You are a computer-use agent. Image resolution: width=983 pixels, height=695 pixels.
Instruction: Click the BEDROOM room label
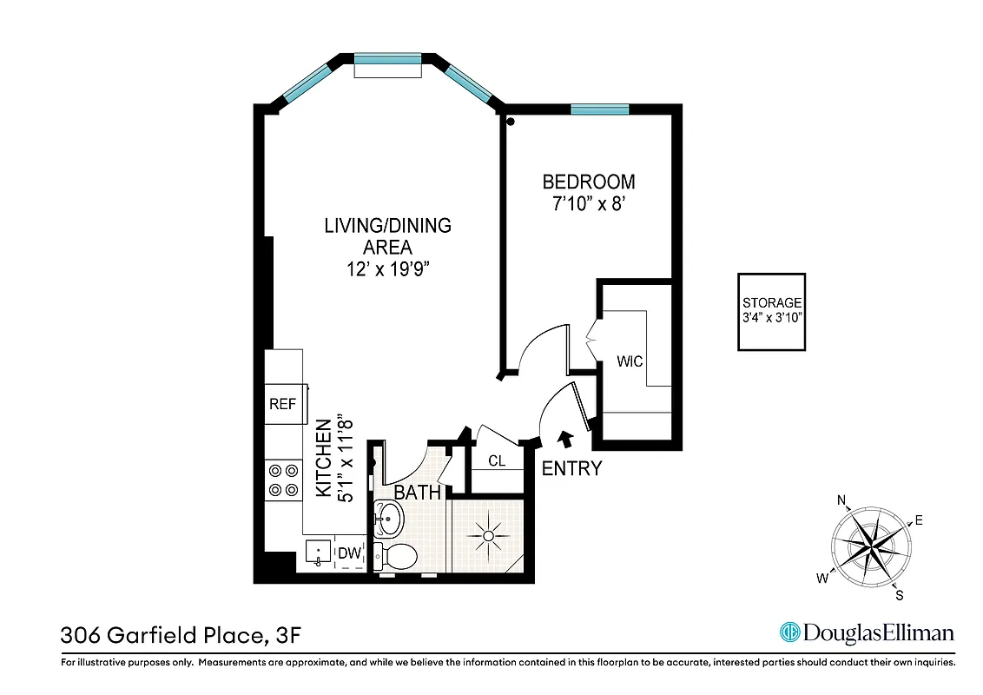coord(588,182)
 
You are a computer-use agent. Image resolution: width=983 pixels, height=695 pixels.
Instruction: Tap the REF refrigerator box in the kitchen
coord(282,404)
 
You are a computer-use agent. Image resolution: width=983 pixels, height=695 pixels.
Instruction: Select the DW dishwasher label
coord(349,553)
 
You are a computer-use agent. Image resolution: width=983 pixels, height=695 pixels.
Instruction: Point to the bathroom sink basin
coord(388,521)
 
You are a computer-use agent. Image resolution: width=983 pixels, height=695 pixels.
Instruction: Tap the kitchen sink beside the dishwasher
coord(316,553)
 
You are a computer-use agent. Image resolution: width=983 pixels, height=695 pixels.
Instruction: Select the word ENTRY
coord(571,469)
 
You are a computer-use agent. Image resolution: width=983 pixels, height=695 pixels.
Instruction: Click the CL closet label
coord(497,461)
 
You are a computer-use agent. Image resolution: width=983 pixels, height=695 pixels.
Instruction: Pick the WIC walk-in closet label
coord(630,361)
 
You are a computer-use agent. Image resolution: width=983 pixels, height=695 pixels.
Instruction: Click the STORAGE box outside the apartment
coord(771,312)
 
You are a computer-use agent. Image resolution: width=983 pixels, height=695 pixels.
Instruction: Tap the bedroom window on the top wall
coord(599,109)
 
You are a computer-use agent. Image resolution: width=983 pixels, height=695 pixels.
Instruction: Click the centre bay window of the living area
coord(388,59)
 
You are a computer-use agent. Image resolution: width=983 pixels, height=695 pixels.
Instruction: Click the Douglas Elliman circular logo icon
coord(789,632)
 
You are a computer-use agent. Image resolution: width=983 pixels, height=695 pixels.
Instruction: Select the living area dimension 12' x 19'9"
coord(387,269)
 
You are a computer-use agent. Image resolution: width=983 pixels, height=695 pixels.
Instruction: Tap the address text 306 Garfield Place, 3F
coord(181,635)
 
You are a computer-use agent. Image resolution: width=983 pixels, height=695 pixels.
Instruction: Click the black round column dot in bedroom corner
coord(511,122)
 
